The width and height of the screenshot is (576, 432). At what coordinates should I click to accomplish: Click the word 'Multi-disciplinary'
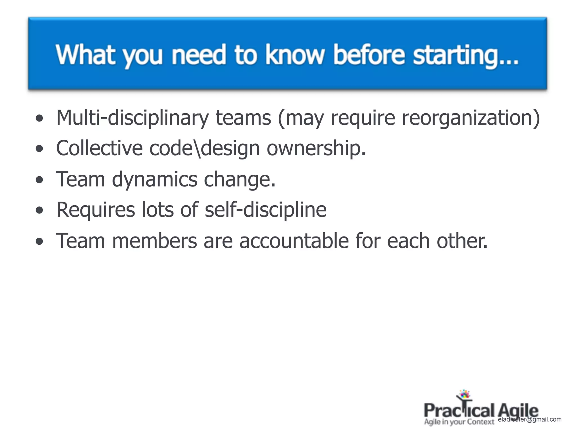point(132,118)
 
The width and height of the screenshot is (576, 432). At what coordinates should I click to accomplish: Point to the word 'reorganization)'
point(471,118)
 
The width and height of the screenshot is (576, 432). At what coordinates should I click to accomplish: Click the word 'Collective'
point(99,148)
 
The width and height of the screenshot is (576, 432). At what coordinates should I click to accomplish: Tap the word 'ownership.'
point(316,148)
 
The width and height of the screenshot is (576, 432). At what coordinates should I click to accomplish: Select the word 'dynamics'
point(154,179)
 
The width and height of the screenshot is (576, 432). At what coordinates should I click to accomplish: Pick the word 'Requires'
point(96,210)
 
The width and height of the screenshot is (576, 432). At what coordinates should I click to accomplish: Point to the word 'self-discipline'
point(265,210)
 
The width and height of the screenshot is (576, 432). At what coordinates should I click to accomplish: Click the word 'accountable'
point(294,241)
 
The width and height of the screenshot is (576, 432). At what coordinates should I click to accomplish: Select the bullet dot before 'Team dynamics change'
point(40,180)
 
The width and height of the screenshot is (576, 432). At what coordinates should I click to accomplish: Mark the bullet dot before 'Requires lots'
point(40,211)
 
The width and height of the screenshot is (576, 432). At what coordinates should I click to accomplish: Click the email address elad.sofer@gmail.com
point(530,420)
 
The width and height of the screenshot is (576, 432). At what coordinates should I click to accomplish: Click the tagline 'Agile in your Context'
point(459,422)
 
